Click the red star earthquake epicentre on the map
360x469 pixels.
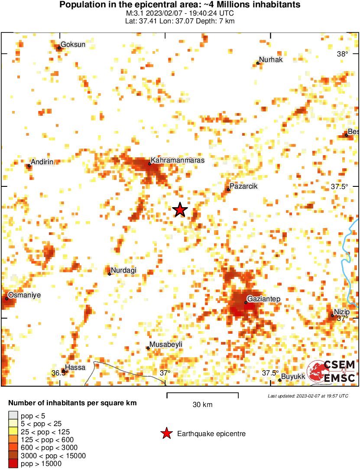(180, 210)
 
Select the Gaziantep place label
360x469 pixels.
(263, 299)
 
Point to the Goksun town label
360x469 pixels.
(73, 44)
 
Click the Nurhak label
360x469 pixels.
(271, 60)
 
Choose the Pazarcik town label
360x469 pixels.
(244, 186)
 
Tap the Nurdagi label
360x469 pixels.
(123, 270)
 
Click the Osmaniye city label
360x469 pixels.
(25, 295)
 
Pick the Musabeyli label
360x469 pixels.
(166, 344)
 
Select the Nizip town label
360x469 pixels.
(341, 312)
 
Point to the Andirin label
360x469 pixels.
(42, 162)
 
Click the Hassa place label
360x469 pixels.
(75, 368)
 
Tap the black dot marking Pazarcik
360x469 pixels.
(228, 189)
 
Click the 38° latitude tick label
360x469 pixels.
(342, 54)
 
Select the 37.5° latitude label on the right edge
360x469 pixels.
(340, 187)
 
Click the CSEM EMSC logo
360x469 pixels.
(331, 371)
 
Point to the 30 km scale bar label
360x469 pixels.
(202, 405)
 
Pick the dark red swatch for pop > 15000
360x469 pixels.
(13, 463)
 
